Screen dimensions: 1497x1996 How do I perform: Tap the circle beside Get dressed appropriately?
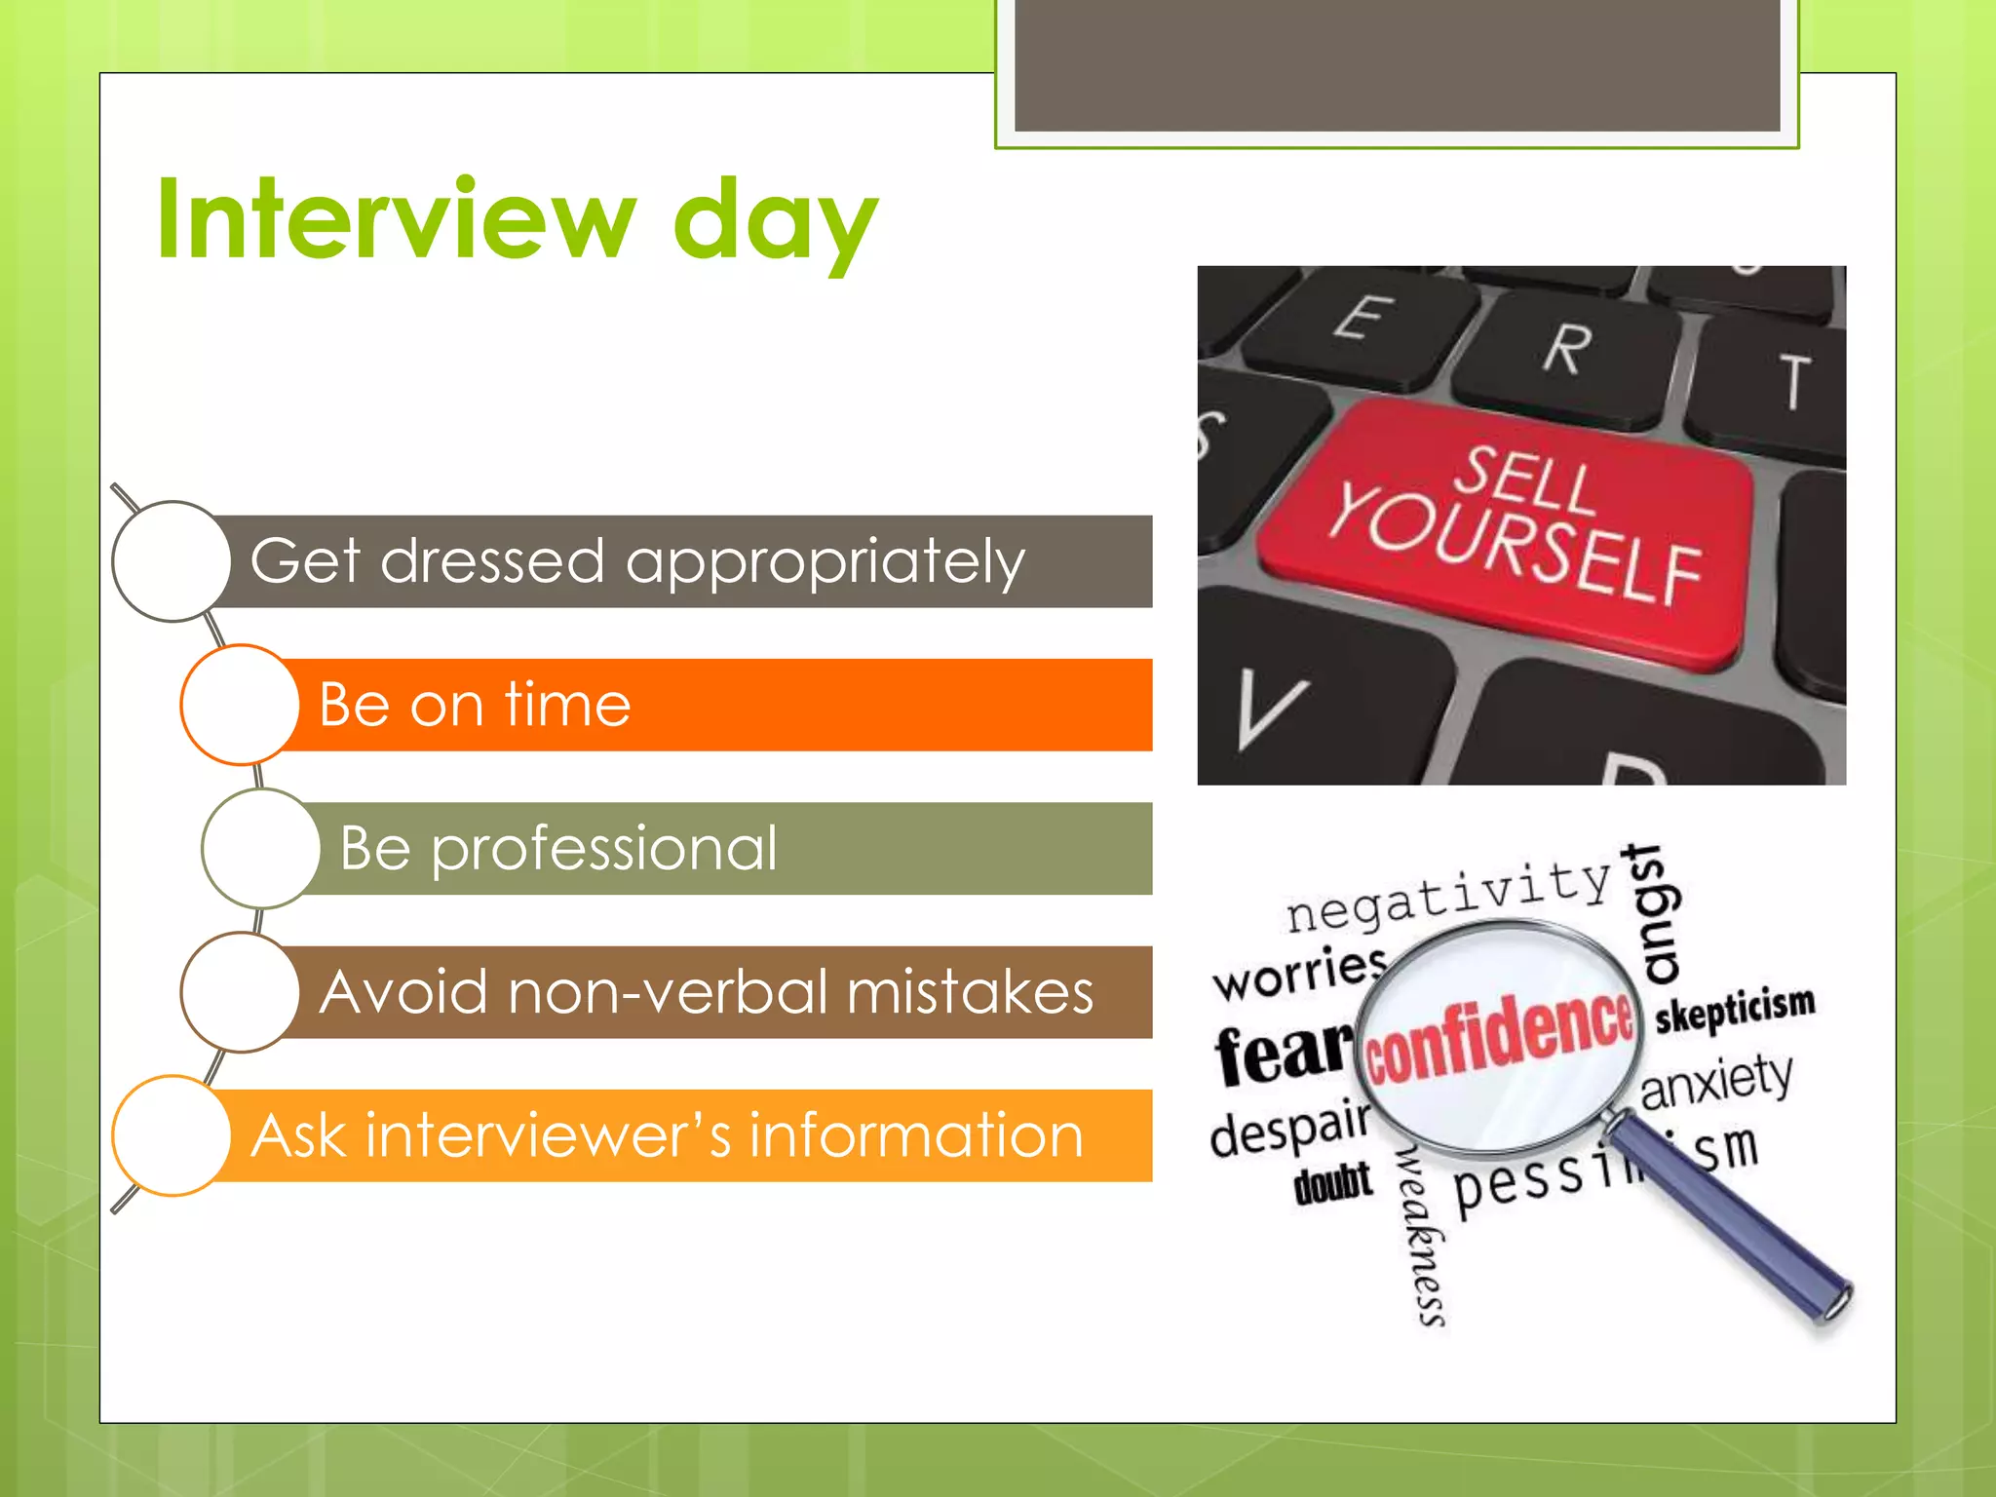coord(172,561)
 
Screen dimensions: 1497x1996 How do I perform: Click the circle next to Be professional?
coord(260,849)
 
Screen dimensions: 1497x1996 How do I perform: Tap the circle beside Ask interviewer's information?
coord(172,1135)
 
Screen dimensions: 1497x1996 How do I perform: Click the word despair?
coord(1288,1131)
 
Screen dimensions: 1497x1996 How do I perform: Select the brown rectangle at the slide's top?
coord(1397,64)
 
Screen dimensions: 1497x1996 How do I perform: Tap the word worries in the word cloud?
coord(1299,973)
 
